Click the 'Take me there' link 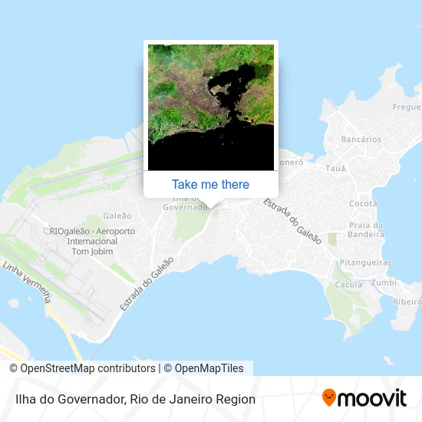point(210,184)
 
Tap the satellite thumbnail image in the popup point(210,107)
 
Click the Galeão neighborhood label point(117,216)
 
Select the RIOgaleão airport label point(91,241)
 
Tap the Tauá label point(336,168)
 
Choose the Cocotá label point(363,203)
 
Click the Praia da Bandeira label point(366,229)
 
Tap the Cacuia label point(348,284)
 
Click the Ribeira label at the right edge point(407,302)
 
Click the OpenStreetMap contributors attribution point(82,368)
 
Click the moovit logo point(364,398)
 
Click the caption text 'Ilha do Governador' point(68,399)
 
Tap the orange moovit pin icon point(329,397)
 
